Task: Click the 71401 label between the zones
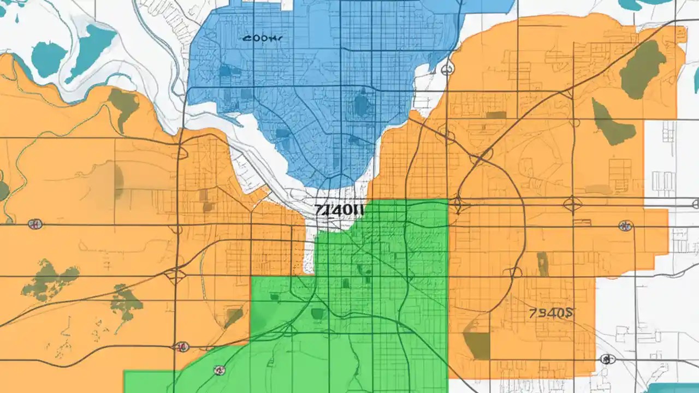[339, 209]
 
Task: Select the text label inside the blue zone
[262, 39]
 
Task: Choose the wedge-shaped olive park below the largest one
[612, 124]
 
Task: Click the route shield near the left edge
[35, 224]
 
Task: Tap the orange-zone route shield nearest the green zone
[182, 346]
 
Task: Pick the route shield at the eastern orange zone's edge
[625, 225]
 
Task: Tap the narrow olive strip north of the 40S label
[542, 264]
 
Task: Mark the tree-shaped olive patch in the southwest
[126, 302]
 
